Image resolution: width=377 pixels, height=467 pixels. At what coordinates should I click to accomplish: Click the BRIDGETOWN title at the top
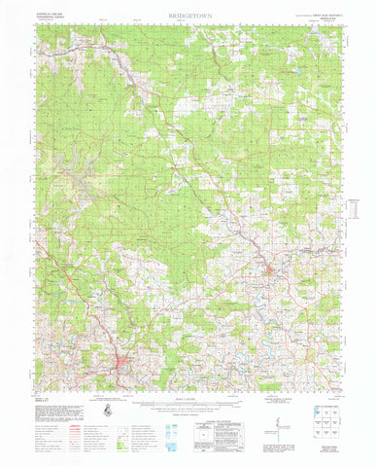click(189, 17)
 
